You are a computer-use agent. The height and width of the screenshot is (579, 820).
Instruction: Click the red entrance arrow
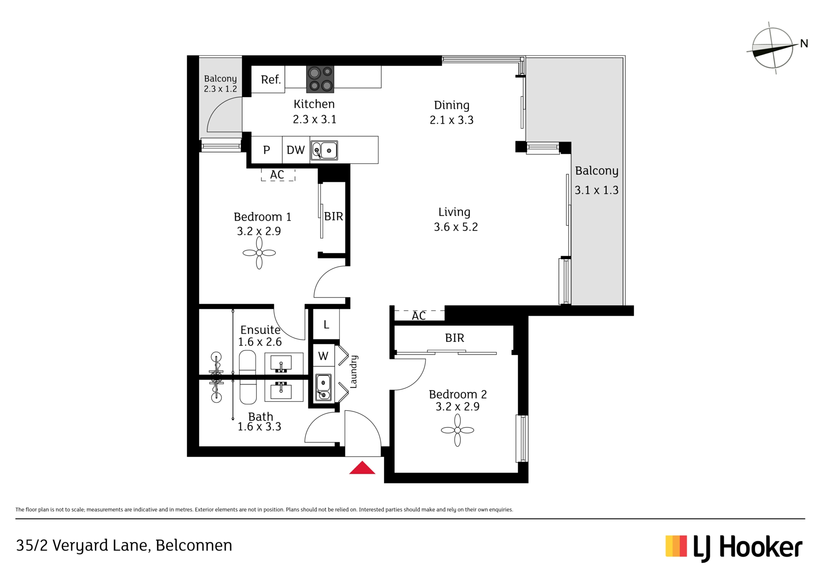coord(362,468)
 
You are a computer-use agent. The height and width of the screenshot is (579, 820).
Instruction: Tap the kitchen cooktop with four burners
coord(320,79)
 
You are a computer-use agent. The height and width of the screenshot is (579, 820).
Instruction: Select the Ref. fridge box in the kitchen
coord(268,79)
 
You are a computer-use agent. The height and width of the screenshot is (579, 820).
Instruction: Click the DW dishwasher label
coord(296,150)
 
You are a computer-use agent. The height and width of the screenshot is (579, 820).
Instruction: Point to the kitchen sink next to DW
coord(324,150)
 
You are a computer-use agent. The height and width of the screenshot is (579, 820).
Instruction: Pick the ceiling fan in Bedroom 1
coord(259,253)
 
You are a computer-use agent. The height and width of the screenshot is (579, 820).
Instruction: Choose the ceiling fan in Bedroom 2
coord(457,431)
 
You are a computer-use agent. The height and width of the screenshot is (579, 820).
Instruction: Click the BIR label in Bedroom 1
coord(334,217)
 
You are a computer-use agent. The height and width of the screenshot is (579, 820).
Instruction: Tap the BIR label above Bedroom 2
coord(454,338)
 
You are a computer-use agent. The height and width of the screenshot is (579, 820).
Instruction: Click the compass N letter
coord(804,44)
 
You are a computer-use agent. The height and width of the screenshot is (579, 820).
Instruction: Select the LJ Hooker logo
coord(734,548)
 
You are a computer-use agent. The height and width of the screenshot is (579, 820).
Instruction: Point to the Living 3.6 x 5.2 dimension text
coord(456,227)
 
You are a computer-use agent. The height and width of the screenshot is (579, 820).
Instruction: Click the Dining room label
coord(452,105)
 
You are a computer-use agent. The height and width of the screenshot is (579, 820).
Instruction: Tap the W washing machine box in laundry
coord(324,355)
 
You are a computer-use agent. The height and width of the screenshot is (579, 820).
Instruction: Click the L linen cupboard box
coord(326,325)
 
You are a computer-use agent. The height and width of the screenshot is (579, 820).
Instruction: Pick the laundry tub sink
coord(323,387)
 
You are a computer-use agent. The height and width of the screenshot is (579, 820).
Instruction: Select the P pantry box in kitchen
coord(266,150)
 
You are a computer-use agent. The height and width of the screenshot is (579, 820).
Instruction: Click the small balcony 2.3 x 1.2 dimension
coord(220,89)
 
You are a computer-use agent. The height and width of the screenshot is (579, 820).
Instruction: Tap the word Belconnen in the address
coord(194,546)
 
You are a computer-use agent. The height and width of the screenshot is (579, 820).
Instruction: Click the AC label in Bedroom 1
coord(277,175)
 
